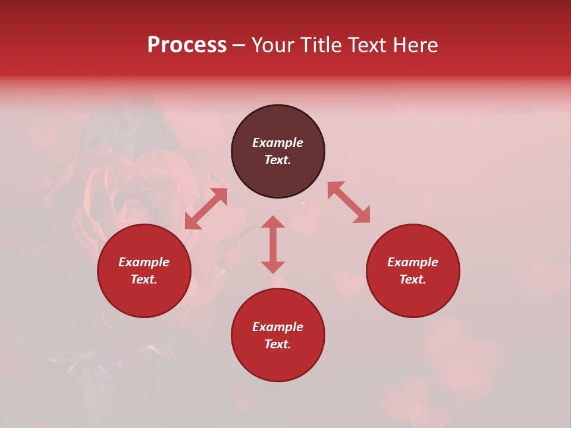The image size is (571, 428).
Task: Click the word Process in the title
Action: [187, 45]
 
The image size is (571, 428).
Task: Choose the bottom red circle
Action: [278, 363]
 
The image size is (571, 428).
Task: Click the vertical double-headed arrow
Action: [273, 244]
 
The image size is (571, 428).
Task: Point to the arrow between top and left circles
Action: [206, 209]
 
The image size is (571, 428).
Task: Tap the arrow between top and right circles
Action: [349, 202]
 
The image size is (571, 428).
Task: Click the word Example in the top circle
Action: [278, 143]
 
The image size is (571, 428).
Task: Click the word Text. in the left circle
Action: [144, 279]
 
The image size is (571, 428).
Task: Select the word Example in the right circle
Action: [413, 262]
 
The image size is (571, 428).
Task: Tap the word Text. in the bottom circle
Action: [278, 344]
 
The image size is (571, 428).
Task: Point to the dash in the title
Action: [239, 46]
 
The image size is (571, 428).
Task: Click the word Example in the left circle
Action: [144, 262]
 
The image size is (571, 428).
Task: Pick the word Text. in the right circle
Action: [413, 279]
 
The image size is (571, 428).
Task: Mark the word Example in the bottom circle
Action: [278, 327]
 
